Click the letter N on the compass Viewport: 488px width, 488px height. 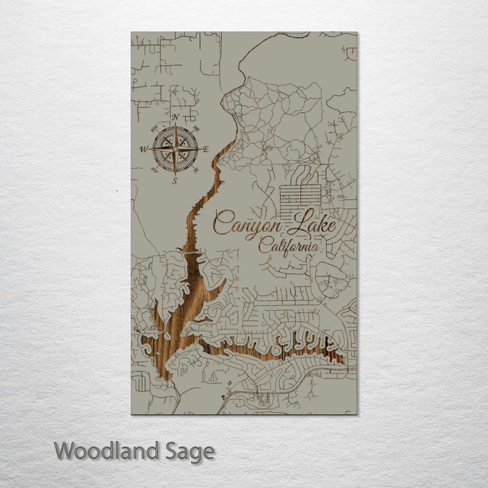point(175,117)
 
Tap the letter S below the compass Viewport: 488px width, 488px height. point(175,181)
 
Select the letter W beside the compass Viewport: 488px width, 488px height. point(144,149)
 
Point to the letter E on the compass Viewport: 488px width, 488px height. point(206,149)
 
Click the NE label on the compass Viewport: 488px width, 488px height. point(197,127)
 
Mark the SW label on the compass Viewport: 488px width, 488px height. point(154,171)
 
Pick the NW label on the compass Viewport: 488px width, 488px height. point(154,127)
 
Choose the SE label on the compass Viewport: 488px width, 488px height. point(197,171)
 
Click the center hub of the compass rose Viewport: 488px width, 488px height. point(175,149)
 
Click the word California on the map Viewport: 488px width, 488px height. point(289,245)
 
